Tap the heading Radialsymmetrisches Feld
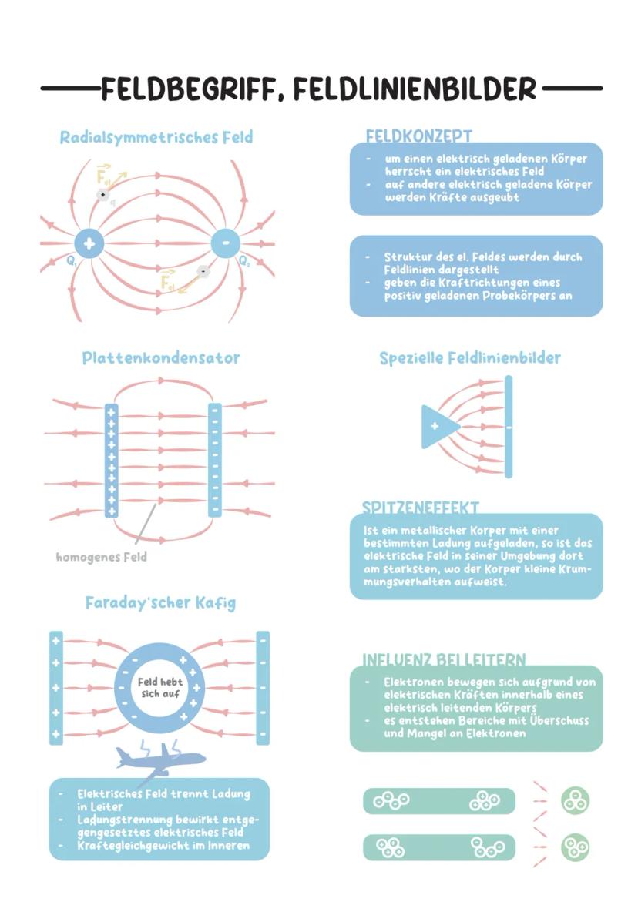pos(156,138)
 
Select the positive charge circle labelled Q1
pos(90,244)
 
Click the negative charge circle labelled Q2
pos(226,244)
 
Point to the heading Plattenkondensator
pos(161,358)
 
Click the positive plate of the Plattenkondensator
pos(112,460)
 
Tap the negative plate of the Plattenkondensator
pos(215,460)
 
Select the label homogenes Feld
pos(101,557)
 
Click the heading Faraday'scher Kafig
pos(160,603)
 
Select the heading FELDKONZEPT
pos(418,136)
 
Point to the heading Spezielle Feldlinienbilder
pos(470,358)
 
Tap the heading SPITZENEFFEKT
pos(421,508)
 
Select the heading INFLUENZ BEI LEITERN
pos(445,660)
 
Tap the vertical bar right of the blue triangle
pos(509,426)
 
